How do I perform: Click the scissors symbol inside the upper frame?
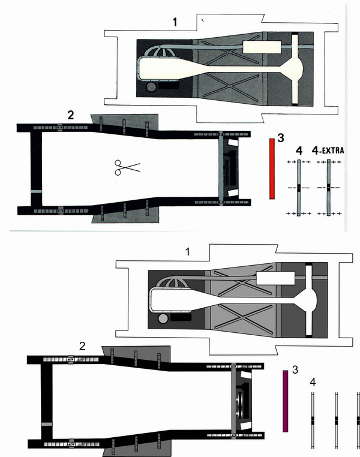pyautogui.click(x=127, y=167)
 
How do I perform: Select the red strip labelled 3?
pyautogui.click(x=272, y=169)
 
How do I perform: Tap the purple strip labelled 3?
pyautogui.click(x=286, y=401)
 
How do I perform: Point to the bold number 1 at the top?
pyautogui.click(x=175, y=22)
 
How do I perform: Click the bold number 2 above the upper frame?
pyautogui.click(x=71, y=115)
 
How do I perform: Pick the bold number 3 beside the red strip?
pyautogui.click(x=281, y=138)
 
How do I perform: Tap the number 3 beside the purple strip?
pyautogui.click(x=295, y=370)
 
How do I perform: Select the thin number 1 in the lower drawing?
pyautogui.click(x=188, y=251)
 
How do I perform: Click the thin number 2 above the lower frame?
pyautogui.click(x=82, y=346)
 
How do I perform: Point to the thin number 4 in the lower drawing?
pyautogui.click(x=313, y=382)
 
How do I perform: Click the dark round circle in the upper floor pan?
pyautogui.click(x=152, y=86)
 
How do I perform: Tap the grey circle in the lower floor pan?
pyautogui.click(x=163, y=318)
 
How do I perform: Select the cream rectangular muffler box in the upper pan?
pyautogui.click(x=262, y=47)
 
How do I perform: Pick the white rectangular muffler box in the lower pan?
pyautogui.click(x=275, y=278)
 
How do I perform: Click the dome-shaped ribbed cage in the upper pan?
pyautogui.click(x=163, y=52)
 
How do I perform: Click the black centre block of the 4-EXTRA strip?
pyautogui.click(x=329, y=188)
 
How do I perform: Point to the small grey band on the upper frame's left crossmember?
pyautogui.click(x=36, y=191)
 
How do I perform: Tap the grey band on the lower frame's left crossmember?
pyautogui.click(x=47, y=424)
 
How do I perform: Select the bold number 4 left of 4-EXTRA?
pyautogui.click(x=299, y=151)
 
